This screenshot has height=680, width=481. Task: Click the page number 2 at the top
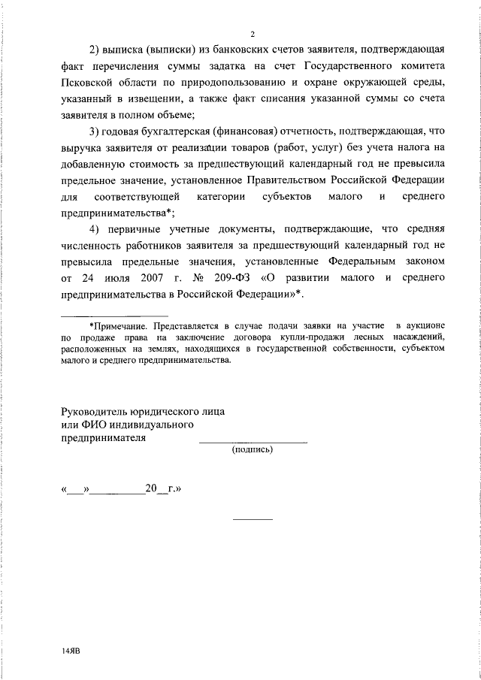point(253,35)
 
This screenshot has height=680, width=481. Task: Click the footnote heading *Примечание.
point(120,326)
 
